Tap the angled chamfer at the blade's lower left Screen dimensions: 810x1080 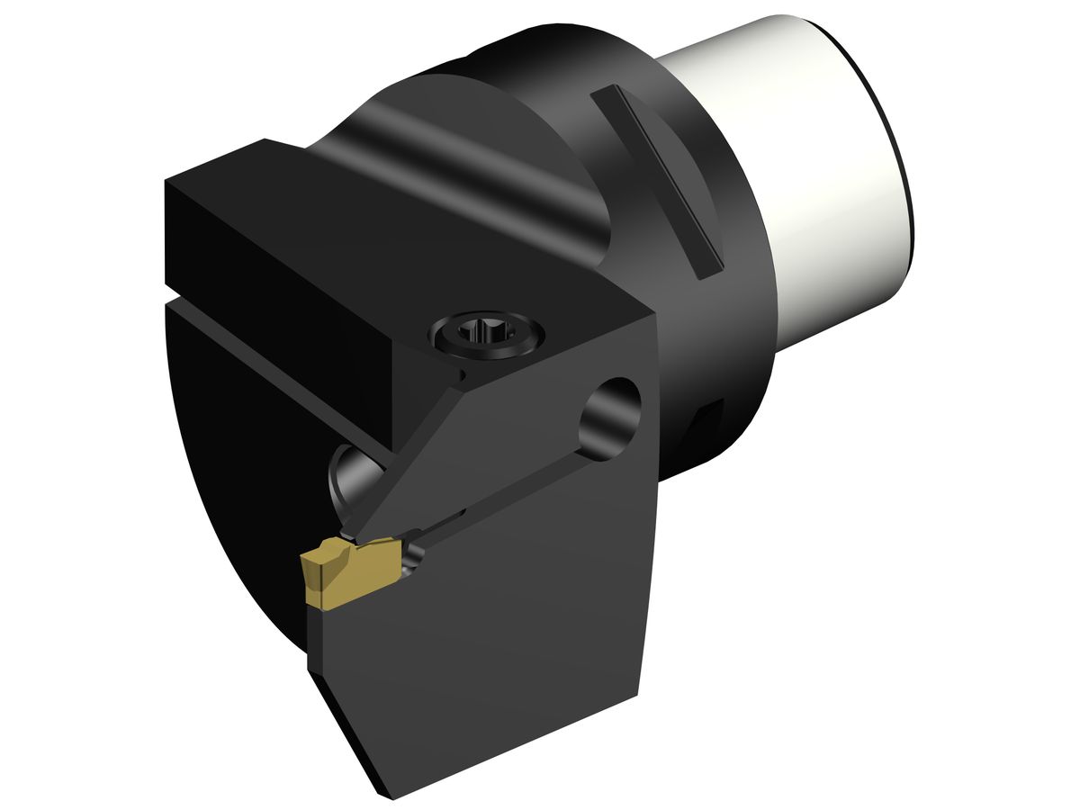(x=346, y=729)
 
